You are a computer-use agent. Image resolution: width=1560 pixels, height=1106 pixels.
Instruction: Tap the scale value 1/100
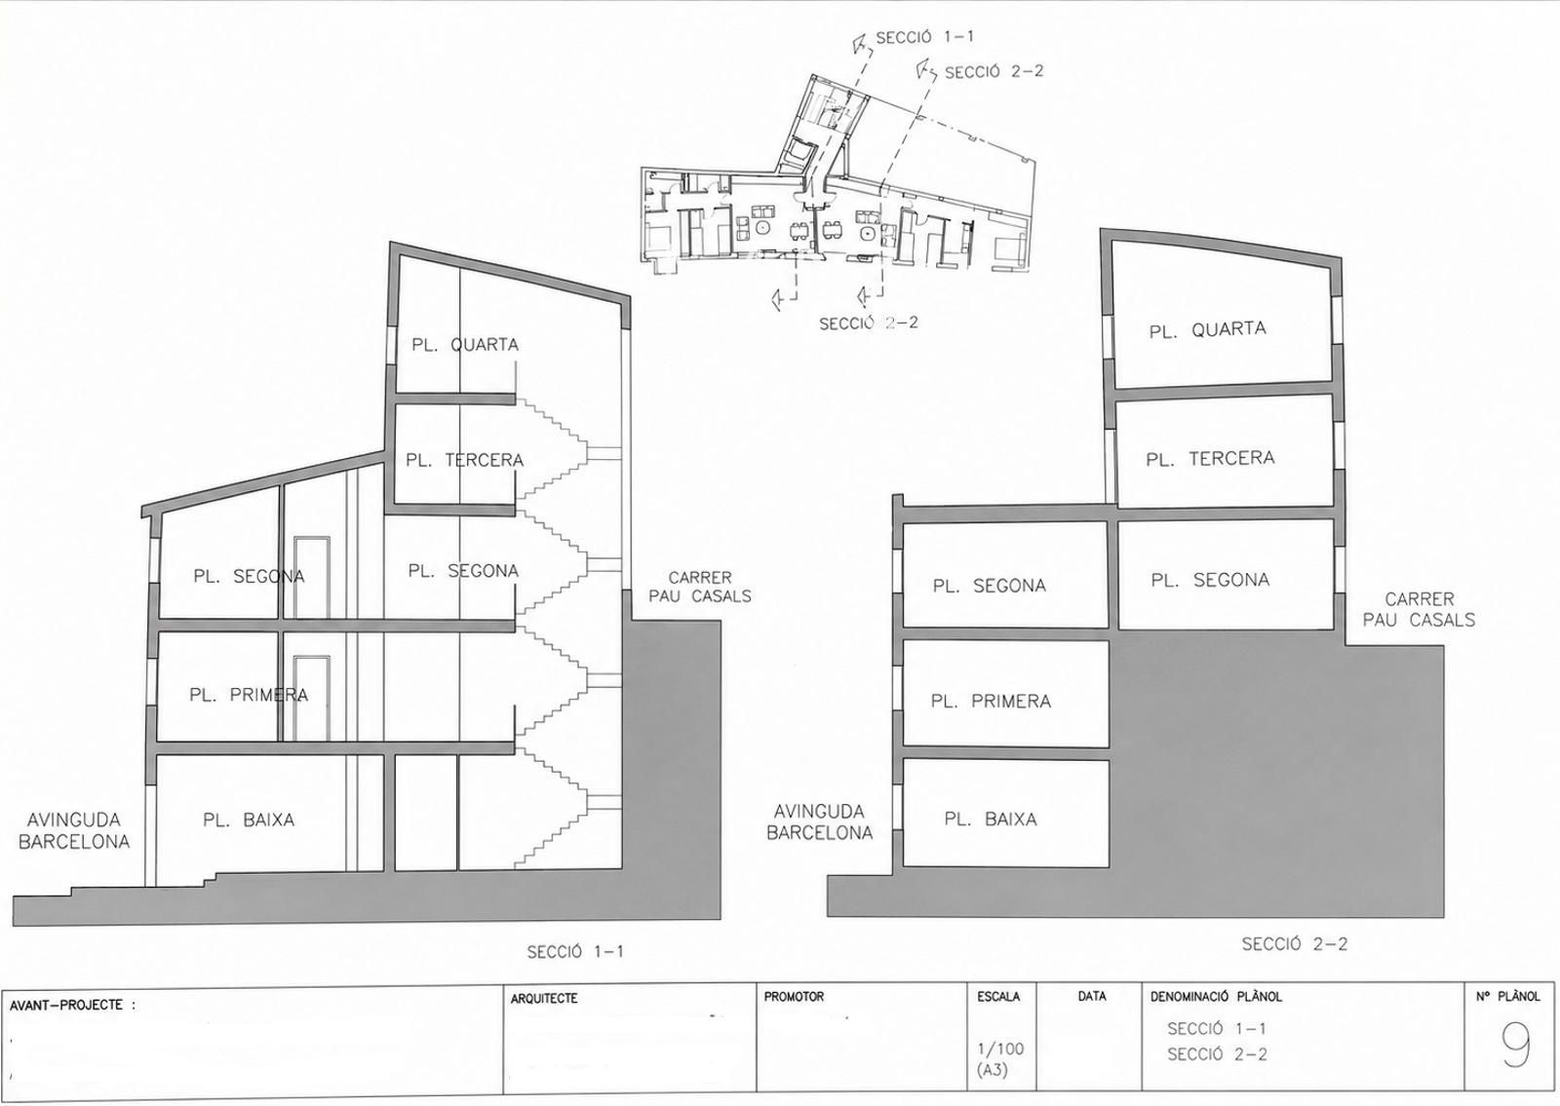coord(1000,1049)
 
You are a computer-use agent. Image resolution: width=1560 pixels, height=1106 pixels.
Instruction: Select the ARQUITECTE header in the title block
coord(544,999)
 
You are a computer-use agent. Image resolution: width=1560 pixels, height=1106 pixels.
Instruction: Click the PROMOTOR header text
coord(794,997)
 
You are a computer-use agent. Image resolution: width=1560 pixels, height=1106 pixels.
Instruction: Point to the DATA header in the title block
coord(1092,996)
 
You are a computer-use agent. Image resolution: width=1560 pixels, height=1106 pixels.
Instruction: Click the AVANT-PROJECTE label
coord(72,1005)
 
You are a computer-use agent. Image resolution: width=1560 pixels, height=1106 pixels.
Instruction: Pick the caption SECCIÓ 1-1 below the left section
coord(575,951)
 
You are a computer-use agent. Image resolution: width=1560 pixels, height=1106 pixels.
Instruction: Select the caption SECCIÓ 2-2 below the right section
coord(1295,944)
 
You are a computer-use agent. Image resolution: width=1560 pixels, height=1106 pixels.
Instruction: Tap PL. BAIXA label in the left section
coord(249,820)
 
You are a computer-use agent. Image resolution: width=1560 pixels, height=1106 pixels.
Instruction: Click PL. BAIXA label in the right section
coord(991,820)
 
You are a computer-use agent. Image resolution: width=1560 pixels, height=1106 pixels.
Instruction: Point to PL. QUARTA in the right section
coord(1208,330)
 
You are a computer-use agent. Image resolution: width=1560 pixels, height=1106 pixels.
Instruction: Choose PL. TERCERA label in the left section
coord(464,460)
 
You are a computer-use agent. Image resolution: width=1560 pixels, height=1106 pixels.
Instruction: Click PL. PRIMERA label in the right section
coord(991,701)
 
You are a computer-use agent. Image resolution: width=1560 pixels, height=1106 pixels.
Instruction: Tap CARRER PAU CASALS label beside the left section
coord(700,587)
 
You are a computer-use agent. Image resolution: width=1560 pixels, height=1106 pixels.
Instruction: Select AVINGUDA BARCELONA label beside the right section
coord(819,822)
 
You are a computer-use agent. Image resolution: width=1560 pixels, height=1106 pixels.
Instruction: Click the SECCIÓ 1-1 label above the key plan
coord(925,38)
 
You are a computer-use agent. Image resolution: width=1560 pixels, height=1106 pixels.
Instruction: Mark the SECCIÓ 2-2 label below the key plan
coord(869,323)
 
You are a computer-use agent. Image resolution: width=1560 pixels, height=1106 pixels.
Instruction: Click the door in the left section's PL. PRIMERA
coord(311,698)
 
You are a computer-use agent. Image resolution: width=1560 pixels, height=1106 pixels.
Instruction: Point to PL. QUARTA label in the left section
coord(465,345)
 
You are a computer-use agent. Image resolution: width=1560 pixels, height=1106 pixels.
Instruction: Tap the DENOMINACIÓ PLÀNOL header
coord(1216,997)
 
